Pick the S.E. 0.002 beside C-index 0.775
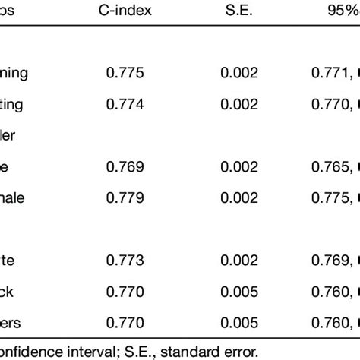pos(239,74)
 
